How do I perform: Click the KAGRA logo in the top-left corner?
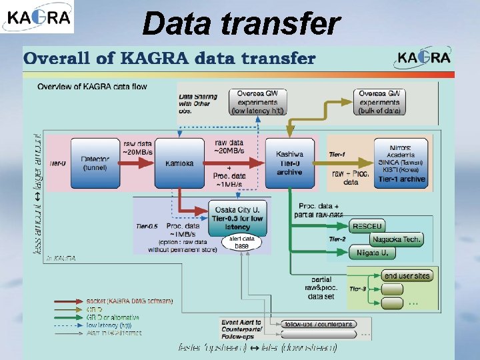click(x=38, y=17)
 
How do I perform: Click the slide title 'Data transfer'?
click(x=241, y=23)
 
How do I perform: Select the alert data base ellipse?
click(x=241, y=242)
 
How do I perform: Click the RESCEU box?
click(x=367, y=227)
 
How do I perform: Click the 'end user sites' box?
click(x=407, y=276)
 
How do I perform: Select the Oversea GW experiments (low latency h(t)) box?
click(x=258, y=102)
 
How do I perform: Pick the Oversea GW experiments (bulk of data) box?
click(x=389, y=102)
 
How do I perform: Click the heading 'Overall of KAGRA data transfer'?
click(x=170, y=58)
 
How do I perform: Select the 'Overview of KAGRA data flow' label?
click(x=92, y=87)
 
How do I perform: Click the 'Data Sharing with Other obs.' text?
click(x=194, y=103)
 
